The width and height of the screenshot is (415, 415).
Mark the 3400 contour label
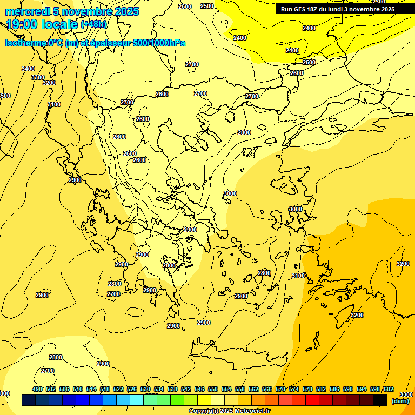pyautogui.click(x=28, y=69)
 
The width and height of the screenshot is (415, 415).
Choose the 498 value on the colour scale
pyautogui.click(x=37, y=390)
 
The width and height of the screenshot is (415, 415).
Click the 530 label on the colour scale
pyautogui.click(x=145, y=390)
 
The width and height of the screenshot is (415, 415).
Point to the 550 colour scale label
pyautogui.click(x=213, y=390)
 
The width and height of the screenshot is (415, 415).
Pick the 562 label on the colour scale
pyautogui.click(x=253, y=390)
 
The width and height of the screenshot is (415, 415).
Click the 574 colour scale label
pyautogui.click(x=294, y=390)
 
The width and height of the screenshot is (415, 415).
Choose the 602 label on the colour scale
pyautogui.click(x=389, y=390)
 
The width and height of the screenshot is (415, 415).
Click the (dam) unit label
pyautogui.click(x=400, y=400)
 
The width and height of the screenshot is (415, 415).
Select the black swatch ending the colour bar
pyautogui.click(x=380, y=400)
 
